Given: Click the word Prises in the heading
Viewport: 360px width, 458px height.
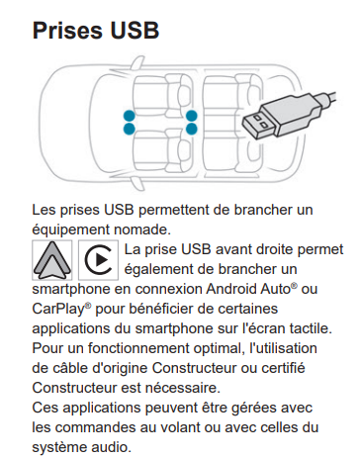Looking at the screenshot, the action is click(x=67, y=31).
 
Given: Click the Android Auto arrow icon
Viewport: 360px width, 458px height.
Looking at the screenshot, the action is click(x=52, y=260).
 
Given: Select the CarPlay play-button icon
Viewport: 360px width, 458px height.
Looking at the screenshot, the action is click(x=98, y=260).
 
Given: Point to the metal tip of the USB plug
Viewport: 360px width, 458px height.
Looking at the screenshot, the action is click(x=258, y=125).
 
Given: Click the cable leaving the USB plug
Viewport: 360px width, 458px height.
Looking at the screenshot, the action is click(x=327, y=98).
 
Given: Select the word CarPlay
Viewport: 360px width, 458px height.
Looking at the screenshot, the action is click(x=58, y=310).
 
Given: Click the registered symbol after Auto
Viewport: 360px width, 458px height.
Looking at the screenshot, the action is click(x=294, y=285).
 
